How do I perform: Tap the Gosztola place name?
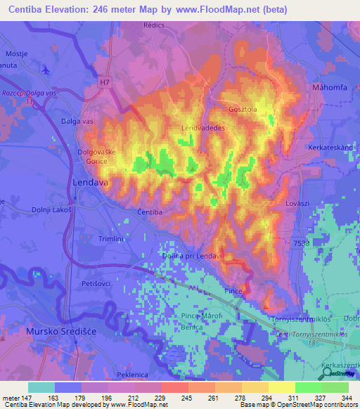point(244,110)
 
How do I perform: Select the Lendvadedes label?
point(202,128)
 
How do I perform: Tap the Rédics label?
point(153,25)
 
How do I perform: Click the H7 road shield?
point(105,83)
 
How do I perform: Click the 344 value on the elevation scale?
point(345,398)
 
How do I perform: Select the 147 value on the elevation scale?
point(27,398)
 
